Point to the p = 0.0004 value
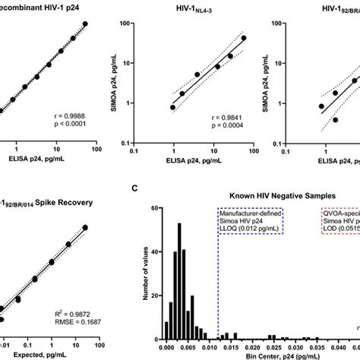[x=232, y=127]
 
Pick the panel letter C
[x=135, y=188]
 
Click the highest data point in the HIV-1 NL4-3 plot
[x=244, y=38]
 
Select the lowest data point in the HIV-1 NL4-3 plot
[x=173, y=107]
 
